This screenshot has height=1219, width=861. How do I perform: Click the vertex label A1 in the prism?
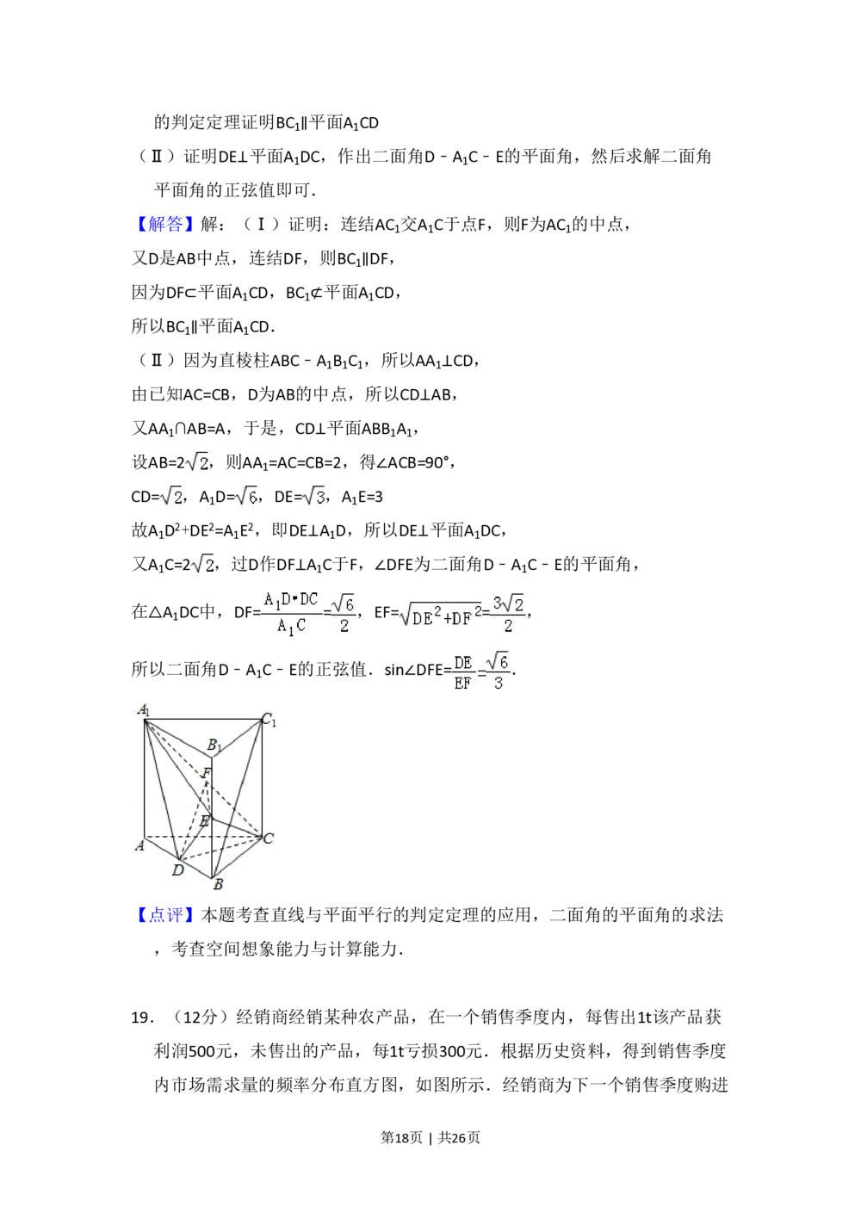pyautogui.click(x=144, y=711)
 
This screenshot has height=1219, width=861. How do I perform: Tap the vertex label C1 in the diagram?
pyautogui.click(x=269, y=720)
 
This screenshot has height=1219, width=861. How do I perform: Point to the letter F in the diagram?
pyautogui.click(x=206, y=773)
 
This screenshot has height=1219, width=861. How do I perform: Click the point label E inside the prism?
pyautogui.click(x=204, y=821)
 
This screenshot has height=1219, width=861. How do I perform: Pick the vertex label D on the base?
pyautogui.click(x=177, y=870)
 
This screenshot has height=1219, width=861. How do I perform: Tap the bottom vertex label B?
pyautogui.click(x=218, y=884)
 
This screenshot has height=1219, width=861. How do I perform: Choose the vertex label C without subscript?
pyautogui.click(x=269, y=838)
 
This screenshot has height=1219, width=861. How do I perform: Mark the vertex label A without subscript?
pyautogui.click(x=139, y=845)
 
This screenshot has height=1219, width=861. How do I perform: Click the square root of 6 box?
pyautogui.click(x=245, y=497)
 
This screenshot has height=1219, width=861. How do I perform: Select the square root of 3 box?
pyautogui.click(x=313, y=497)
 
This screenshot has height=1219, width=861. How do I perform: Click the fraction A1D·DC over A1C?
pyautogui.click(x=289, y=612)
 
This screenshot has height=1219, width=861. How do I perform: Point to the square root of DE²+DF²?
pyautogui.click(x=437, y=616)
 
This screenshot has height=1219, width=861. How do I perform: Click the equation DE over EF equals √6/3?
pyautogui.click(x=481, y=672)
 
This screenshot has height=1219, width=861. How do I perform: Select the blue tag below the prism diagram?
pyautogui.click(x=164, y=913)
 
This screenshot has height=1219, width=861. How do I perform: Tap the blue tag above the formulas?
pyautogui.click(x=164, y=224)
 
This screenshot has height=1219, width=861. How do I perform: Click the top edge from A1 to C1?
pyautogui.click(x=202, y=719)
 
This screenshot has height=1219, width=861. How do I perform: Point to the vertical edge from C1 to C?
pyautogui.click(x=262, y=775)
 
